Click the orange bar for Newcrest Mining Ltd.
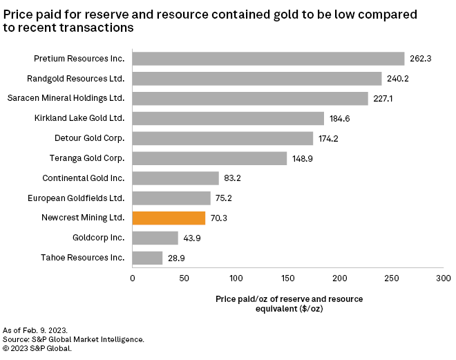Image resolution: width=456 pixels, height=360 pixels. pos(169,218)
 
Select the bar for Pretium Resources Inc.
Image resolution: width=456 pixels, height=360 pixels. pos(268,59)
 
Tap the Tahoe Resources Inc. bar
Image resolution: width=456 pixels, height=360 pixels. pos(147,258)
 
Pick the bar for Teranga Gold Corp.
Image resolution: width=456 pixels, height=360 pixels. pos(209,158)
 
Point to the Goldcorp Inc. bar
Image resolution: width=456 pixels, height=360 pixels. pos(155,238)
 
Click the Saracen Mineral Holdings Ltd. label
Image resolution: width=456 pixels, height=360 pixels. pos(75,98)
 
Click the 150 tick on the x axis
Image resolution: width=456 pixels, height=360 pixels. pos(287,279)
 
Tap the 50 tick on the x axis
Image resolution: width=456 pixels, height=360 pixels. pos(183,279)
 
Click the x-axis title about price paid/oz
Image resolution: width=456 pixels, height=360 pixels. pos(287,304)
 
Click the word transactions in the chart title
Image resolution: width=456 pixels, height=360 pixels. pos(97,28)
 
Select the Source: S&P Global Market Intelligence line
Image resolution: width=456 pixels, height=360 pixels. pos(74,340)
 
